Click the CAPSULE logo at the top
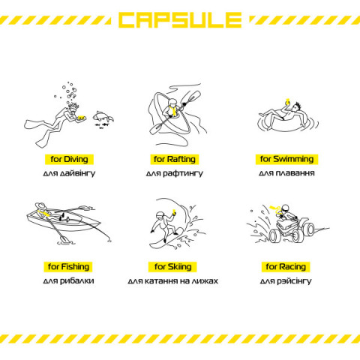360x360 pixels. [x=180, y=19]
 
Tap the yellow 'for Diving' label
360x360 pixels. [x=69, y=159]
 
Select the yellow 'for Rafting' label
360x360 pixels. [x=175, y=159]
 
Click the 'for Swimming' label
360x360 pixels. [x=286, y=159]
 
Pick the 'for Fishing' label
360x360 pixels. [x=68, y=267]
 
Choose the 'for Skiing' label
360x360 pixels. [x=172, y=267]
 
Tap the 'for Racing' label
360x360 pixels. [x=286, y=267]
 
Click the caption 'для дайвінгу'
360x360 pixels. [x=69, y=173]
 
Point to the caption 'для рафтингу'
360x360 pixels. [x=175, y=173]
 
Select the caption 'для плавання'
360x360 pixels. [x=286, y=173]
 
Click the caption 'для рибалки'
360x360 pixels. [x=68, y=280]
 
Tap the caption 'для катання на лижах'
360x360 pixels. [x=172, y=281]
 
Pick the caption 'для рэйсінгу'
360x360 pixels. [x=286, y=281]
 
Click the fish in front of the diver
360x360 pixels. [x=103, y=117]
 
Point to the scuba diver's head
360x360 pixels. [x=73, y=108]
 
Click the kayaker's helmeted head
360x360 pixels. [x=172, y=103]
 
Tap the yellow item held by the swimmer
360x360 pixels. [x=288, y=102]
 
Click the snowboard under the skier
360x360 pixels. [x=166, y=238]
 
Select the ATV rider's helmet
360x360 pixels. [x=285, y=208]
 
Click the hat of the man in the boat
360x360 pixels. [x=40, y=205]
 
